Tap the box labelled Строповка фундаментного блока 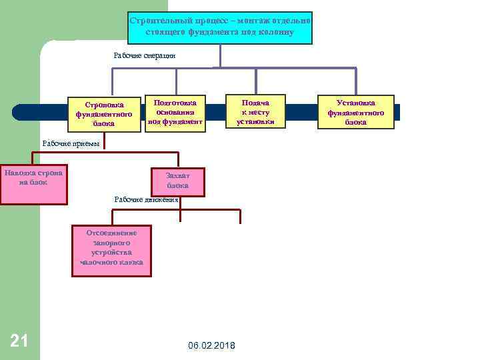click(104, 113)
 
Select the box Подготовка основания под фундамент click(175, 112)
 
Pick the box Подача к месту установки click(256, 112)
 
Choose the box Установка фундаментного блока click(356, 112)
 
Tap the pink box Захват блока click(178, 181)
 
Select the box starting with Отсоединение click(111, 251)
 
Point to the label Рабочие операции click(145, 56)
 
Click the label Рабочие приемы click(70, 143)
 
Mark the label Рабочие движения click(147, 199)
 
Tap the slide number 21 click(19, 341)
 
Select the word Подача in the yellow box click(256, 103)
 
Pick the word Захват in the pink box click(178, 175)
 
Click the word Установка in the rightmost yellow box click(356, 103)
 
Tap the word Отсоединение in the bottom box click(111, 233)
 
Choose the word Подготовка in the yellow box click(175, 103)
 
